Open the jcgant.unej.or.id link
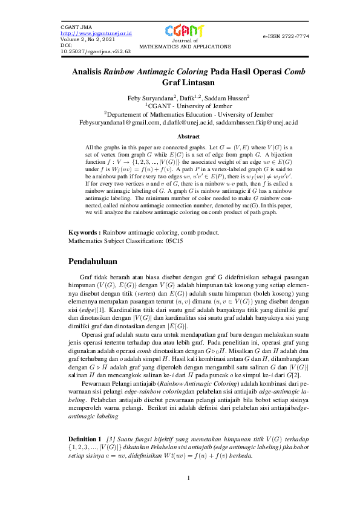97,33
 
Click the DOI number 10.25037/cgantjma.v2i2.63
96,51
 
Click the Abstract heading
180,137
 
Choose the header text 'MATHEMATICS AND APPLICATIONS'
180,46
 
